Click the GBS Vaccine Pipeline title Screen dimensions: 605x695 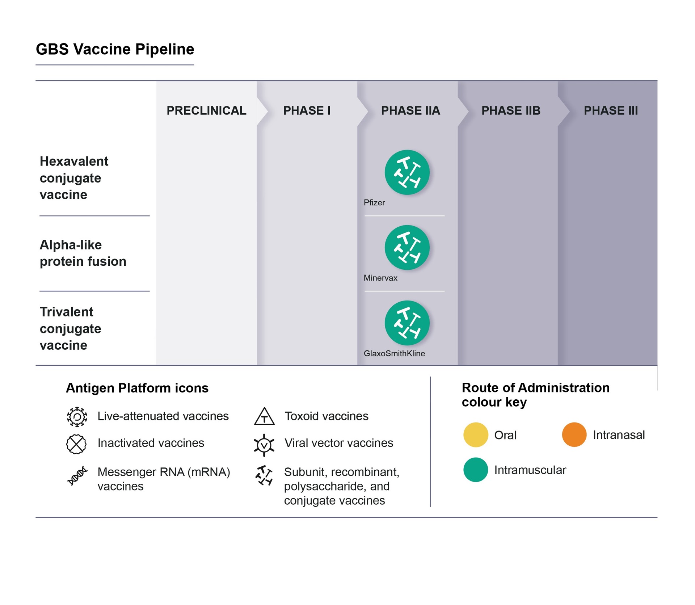pyautogui.click(x=115, y=49)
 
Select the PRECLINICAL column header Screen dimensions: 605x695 pyautogui.click(x=206, y=110)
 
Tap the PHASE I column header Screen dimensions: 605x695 pyautogui.click(x=307, y=110)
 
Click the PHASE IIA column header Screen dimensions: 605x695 pyautogui.click(x=410, y=110)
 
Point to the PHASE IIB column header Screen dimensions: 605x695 pyautogui.click(x=510, y=110)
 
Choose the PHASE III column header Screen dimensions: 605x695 pyautogui.click(x=611, y=110)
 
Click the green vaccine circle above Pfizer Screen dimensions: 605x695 pyautogui.click(x=407, y=172)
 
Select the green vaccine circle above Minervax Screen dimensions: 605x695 pyautogui.click(x=407, y=248)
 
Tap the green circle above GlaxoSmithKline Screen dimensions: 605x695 pyautogui.click(x=407, y=323)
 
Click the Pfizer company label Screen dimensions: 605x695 pyautogui.click(x=374, y=203)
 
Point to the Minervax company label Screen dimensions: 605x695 pyautogui.click(x=380, y=278)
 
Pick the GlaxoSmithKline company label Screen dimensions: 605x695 pyautogui.click(x=394, y=353)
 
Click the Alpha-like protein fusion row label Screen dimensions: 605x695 pyautogui.click(x=83, y=253)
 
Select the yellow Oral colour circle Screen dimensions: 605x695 pyautogui.click(x=475, y=434)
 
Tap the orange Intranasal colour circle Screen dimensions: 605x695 pyautogui.click(x=574, y=434)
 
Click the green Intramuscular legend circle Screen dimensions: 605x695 pyautogui.click(x=475, y=470)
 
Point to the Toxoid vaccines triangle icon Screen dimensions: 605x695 pyautogui.click(x=264, y=417)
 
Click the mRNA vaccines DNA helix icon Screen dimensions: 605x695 pyautogui.click(x=77, y=476)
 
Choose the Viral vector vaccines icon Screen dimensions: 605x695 pyautogui.click(x=264, y=445)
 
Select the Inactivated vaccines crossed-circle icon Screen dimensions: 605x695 pyautogui.click(x=76, y=444)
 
